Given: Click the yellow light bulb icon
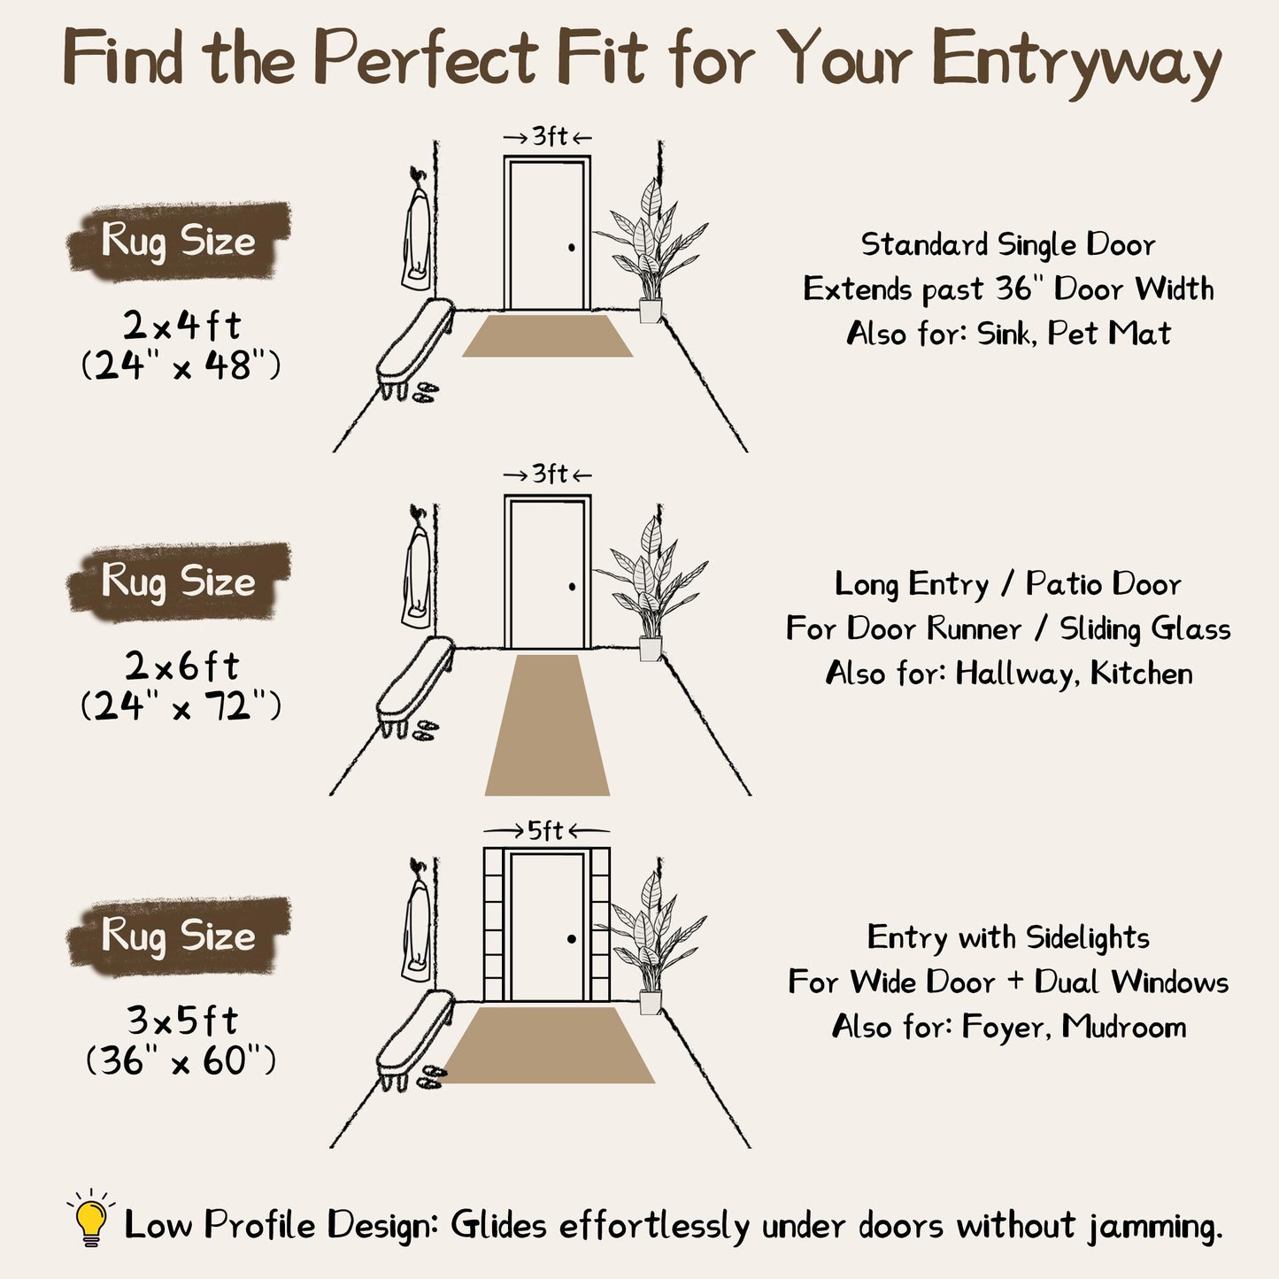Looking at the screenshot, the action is [x=91, y=1219].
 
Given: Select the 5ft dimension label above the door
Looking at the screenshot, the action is [x=545, y=830].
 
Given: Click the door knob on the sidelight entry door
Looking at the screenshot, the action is [x=572, y=939].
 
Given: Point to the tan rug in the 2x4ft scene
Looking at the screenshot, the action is [x=548, y=335].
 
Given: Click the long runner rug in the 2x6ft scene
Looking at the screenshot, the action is [x=548, y=725].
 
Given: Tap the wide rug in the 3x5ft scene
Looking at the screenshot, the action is [x=548, y=1044].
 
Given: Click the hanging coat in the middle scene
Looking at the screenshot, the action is [x=417, y=571].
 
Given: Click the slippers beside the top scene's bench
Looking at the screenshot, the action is [x=426, y=392].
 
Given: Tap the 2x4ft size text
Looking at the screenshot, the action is [x=181, y=325].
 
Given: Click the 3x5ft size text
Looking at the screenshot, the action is [x=182, y=1021].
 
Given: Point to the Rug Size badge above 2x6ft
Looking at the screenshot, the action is [x=179, y=582].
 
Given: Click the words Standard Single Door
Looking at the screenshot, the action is [x=1008, y=245].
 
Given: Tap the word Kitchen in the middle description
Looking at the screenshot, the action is [x=1141, y=674].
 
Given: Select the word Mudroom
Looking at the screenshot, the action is [x=1124, y=1026].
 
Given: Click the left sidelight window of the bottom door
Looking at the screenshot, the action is [x=494, y=925].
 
